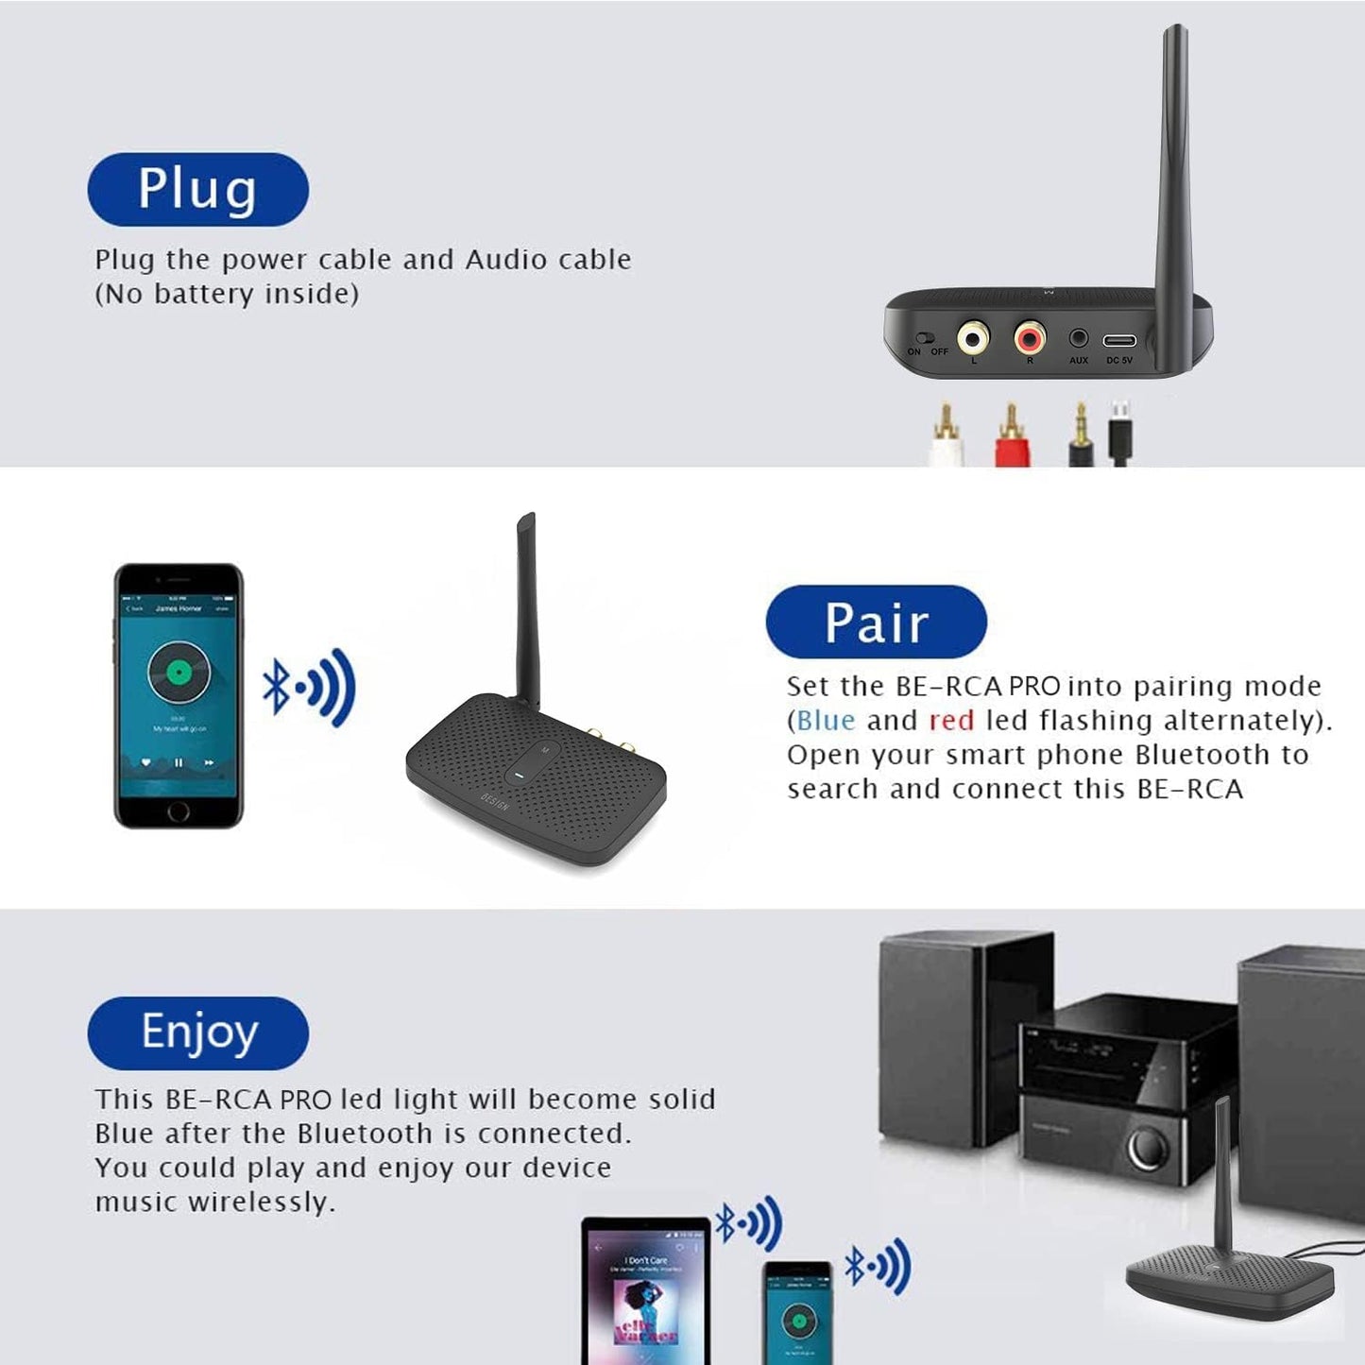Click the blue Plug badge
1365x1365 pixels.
[x=197, y=189]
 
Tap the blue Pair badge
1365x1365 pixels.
[x=876, y=622]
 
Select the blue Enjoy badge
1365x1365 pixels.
[x=197, y=1032]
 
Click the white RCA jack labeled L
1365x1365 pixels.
[x=974, y=336]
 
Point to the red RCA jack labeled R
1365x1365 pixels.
[x=1030, y=336]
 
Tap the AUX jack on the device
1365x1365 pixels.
[x=1078, y=338]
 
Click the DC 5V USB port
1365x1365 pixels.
[x=1119, y=340]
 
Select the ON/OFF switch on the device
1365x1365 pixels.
[x=926, y=338]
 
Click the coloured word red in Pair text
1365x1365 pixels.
[x=950, y=721]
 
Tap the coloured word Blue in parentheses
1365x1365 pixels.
[x=826, y=721]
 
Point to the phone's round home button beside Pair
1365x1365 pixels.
[x=179, y=811]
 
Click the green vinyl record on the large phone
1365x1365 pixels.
[x=179, y=672]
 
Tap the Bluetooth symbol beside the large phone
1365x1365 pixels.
[x=276, y=687]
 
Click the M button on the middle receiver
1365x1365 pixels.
[x=544, y=750]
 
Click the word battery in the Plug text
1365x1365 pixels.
[x=204, y=294]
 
